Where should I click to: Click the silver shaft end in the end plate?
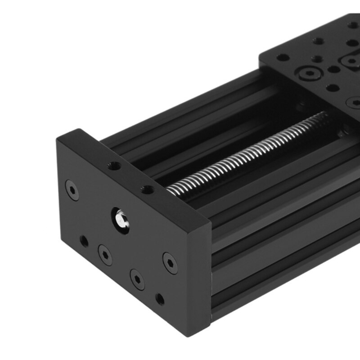coord(120,219)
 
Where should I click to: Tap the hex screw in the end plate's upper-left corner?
coord(72,190)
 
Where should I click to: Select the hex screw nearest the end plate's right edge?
coord(170,263)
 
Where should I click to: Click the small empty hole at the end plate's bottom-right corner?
coord(160,299)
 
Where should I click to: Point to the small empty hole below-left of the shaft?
coord(84,241)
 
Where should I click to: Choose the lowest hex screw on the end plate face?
coord(137,279)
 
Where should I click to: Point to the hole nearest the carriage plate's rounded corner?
coord(283,58)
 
